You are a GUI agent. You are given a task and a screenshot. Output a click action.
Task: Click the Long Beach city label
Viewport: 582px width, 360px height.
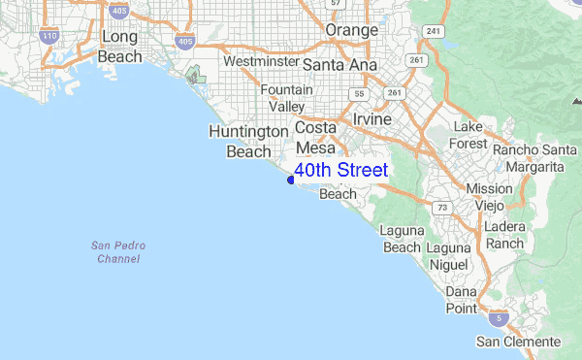tap(120, 47)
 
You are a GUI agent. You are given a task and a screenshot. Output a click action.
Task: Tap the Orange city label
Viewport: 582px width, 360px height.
tap(351, 31)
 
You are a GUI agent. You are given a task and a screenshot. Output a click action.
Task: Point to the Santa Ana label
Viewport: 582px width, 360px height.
tap(339, 64)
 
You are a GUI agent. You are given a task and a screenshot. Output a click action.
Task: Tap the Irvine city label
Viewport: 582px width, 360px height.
tap(372, 118)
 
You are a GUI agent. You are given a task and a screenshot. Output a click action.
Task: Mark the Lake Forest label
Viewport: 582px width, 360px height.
tap(468, 136)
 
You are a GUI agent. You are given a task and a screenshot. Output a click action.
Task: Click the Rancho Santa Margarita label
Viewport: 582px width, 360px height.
tap(528, 158)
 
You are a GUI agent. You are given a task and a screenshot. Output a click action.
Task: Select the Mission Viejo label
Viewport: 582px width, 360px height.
tap(489, 197)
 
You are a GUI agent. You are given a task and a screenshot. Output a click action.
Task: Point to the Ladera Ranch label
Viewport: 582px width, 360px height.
tap(504, 234)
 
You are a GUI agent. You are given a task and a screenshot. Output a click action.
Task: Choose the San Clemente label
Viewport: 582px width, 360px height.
tap(518, 342)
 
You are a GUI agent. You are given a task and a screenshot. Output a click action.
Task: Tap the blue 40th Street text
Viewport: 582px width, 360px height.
tap(340, 171)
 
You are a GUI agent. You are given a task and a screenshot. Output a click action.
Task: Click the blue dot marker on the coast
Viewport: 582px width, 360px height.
tap(290, 180)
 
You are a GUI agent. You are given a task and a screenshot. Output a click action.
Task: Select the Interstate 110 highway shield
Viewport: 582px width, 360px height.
tap(49, 36)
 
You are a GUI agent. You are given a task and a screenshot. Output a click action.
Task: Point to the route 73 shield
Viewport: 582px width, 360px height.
tap(442, 208)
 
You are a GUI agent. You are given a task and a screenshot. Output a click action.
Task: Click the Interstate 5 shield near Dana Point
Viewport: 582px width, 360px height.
tap(498, 318)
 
